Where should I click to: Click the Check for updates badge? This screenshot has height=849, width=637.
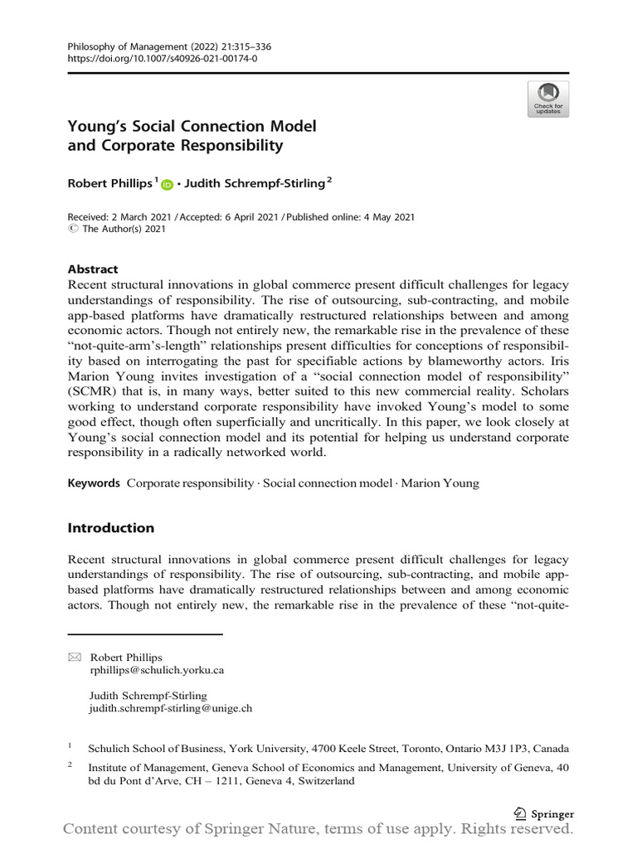pos(547,99)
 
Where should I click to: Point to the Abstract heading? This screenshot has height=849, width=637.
pos(93,269)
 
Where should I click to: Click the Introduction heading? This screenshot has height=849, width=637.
pos(111,528)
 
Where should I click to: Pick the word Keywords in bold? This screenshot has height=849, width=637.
pos(94,483)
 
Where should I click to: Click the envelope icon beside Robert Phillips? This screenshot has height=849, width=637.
pos(75,657)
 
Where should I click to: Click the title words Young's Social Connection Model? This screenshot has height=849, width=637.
pos(192,129)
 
